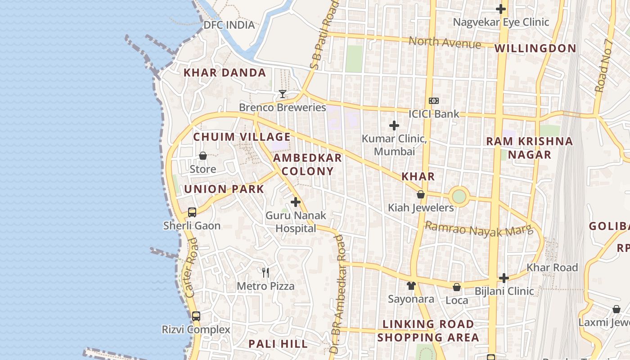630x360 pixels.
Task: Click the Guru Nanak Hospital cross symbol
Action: (x=296, y=202)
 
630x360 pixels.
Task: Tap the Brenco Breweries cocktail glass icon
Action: (x=283, y=94)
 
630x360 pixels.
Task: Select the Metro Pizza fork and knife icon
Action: (x=265, y=272)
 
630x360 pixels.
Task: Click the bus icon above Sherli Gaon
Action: (x=192, y=212)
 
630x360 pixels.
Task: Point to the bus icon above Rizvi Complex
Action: (x=196, y=316)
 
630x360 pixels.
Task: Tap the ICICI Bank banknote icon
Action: (x=434, y=101)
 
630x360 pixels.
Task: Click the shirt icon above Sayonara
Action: (x=411, y=286)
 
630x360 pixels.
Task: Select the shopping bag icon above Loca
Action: (x=457, y=287)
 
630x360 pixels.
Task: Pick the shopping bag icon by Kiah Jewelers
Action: (x=421, y=194)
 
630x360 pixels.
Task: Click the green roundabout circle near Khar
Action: (x=459, y=197)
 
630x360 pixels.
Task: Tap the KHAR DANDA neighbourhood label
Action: (x=225, y=72)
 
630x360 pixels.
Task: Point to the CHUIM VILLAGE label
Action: (x=242, y=137)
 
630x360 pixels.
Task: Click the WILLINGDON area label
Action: (x=535, y=48)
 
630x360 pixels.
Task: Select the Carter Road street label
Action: (x=192, y=268)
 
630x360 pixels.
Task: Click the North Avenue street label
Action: (x=445, y=43)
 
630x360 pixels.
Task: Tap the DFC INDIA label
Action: (x=229, y=25)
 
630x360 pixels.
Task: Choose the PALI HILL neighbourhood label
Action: (x=278, y=344)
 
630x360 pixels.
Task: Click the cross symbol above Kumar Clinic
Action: (x=394, y=126)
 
